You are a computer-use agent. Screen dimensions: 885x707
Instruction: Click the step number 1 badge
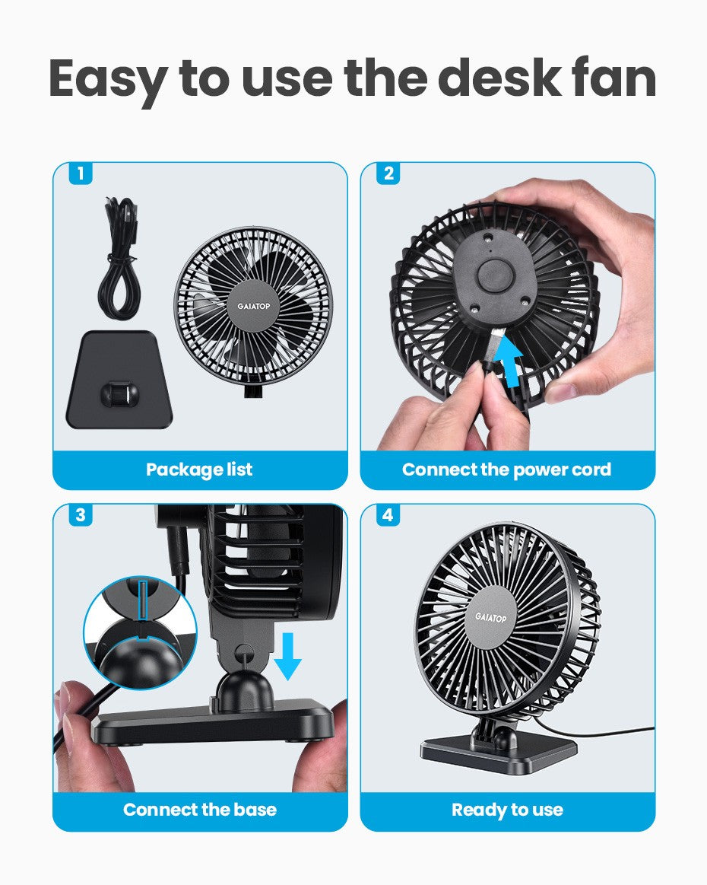tap(80, 174)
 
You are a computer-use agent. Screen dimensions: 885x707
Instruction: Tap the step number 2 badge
tap(388, 174)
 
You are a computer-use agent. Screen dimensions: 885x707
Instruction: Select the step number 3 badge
tap(80, 515)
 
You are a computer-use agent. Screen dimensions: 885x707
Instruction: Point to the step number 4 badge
tap(388, 515)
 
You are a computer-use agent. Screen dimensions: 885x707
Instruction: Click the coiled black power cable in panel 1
tap(120, 259)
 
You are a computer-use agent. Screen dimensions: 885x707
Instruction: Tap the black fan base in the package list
tap(119, 380)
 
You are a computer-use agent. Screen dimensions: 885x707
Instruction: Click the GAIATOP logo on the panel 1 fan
tap(253, 305)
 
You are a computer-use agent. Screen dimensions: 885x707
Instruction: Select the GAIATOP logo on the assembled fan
tap(490, 617)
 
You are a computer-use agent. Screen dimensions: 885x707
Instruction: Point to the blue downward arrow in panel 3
tap(287, 653)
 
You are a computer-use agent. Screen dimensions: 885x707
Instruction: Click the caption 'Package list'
tap(199, 470)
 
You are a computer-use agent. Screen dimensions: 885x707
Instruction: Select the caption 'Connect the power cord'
tap(506, 470)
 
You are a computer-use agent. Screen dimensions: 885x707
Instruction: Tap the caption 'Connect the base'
tap(199, 810)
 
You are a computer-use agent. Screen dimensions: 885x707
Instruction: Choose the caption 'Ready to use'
tap(506, 810)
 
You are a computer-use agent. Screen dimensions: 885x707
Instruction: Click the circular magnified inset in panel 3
tap(140, 632)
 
